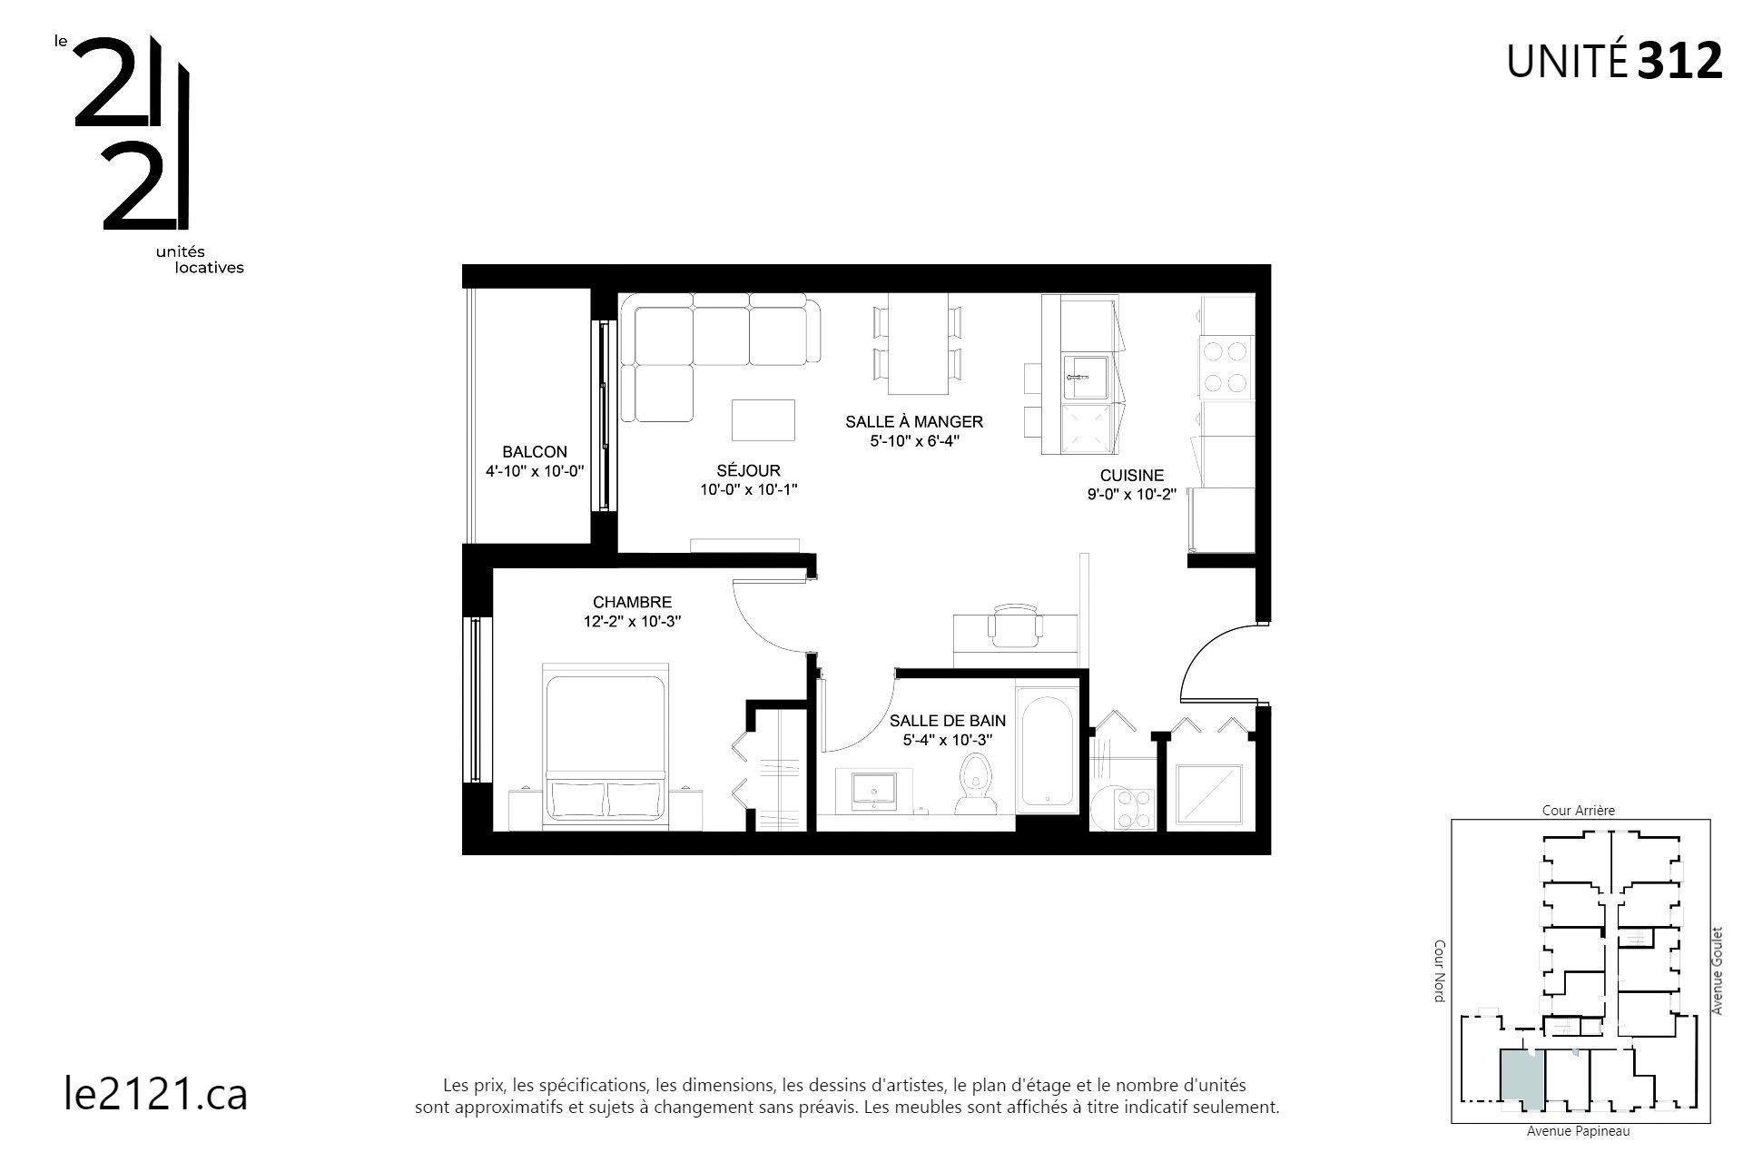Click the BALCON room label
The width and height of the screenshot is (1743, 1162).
(x=534, y=452)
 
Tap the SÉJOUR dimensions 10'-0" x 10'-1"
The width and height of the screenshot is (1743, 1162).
(x=748, y=489)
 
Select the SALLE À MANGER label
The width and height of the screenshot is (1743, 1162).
(x=913, y=422)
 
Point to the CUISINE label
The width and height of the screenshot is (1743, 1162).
(x=1131, y=476)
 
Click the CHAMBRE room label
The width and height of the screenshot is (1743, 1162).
(x=632, y=602)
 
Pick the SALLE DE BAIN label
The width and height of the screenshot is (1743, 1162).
(x=947, y=721)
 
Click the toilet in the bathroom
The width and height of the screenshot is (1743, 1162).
(x=976, y=785)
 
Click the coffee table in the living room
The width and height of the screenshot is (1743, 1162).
(x=763, y=419)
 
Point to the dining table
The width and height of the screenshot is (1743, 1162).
(x=918, y=343)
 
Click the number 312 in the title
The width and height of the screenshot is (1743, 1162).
(x=1679, y=62)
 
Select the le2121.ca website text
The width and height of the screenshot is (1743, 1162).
(x=156, y=1094)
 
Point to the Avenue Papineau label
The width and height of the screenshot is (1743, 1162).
(x=1578, y=1132)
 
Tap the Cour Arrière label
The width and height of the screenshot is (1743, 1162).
(x=1579, y=811)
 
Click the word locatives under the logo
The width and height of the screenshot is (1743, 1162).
(x=209, y=268)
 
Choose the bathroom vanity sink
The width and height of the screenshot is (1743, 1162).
(x=874, y=788)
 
